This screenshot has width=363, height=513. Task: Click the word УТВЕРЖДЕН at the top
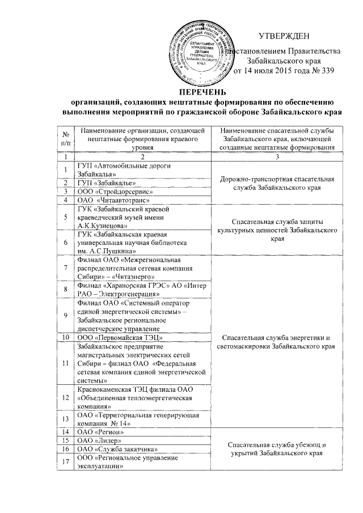[284, 37]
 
